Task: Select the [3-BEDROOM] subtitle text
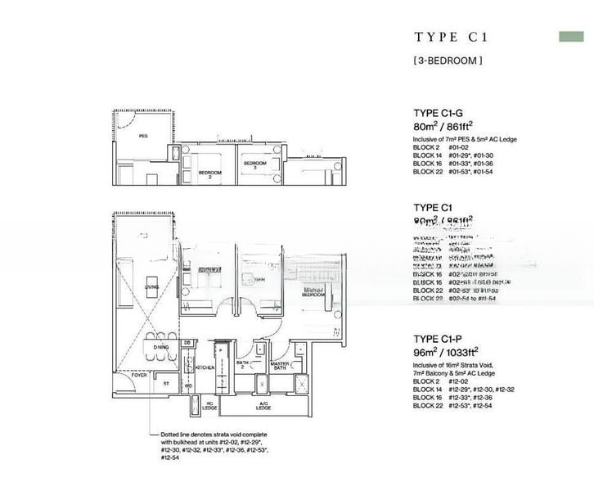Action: (x=447, y=60)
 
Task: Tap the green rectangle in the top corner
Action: (x=571, y=37)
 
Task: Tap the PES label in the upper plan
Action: (x=143, y=136)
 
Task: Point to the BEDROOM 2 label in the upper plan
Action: (x=209, y=174)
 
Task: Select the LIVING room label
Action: (x=152, y=287)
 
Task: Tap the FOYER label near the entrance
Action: (x=128, y=374)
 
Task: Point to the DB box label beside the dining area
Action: (x=187, y=343)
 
